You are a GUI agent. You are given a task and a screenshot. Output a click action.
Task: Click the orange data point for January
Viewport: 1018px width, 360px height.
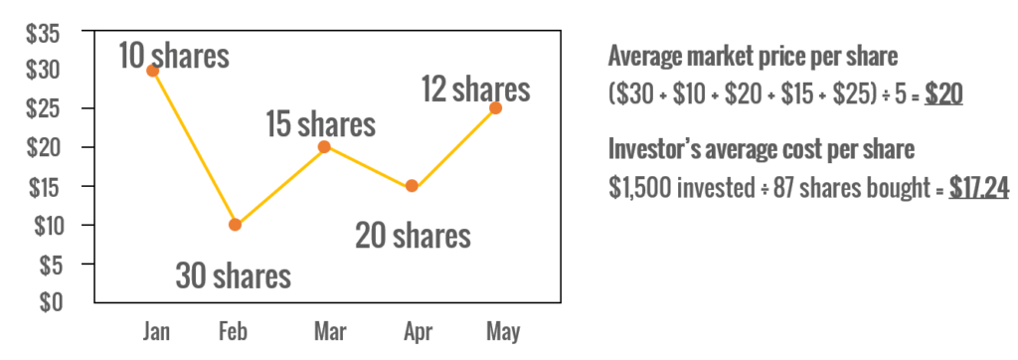click(x=152, y=71)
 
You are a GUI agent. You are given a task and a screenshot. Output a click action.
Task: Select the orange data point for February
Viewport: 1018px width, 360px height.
click(x=235, y=225)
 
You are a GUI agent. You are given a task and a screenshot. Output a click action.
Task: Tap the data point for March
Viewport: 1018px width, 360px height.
click(x=323, y=146)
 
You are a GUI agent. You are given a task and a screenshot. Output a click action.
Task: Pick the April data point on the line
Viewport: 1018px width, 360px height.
click(x=412, y=186)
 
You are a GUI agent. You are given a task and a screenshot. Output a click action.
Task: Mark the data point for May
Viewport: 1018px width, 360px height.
click(x=495, y=107)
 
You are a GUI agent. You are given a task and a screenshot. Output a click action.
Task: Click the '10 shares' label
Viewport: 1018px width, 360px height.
click(x=174, y=55)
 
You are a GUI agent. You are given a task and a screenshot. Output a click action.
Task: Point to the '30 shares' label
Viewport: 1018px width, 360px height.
click(x=234, y=274)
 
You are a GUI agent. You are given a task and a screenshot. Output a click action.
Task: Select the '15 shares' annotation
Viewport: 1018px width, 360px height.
click(x=320, y=124)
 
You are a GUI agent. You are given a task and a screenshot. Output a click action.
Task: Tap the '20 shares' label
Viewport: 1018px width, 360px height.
click(x=413, y=236)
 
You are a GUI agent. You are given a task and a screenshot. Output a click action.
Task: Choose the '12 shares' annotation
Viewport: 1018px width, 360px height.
click(x=475, y=90)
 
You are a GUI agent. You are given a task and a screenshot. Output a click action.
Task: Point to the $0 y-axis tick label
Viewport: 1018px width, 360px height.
click(x=49, y=301)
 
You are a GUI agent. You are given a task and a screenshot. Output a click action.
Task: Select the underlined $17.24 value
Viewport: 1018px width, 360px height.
click(x=979, y=188)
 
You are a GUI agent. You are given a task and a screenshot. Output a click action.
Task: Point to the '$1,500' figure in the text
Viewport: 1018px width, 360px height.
click(x=637, y=188)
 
